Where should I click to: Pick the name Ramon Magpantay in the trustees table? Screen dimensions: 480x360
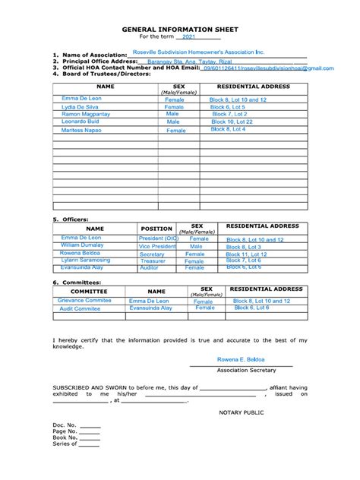click(x=82, y=114)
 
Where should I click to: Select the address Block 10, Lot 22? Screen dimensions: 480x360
click(x=232, y=122)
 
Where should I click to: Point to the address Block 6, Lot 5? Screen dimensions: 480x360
click(x=228, y=107)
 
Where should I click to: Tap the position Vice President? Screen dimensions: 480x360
click(x=157, y=247)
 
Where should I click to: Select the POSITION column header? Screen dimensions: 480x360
click(x=156, y=228)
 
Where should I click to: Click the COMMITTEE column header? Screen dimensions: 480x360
click(x=89, y=291)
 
